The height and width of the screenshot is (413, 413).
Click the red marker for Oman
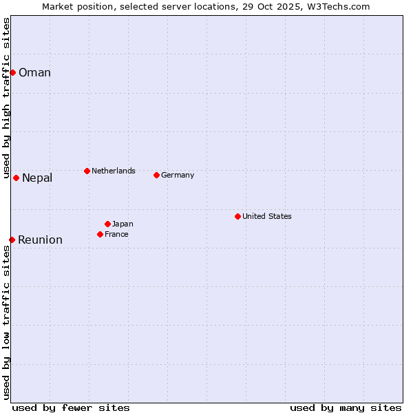[x=12, y=72]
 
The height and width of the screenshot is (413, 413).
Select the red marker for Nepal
[x=16, y=178]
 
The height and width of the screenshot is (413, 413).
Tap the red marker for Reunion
[x=12, y=240]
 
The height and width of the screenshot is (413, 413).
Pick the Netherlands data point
[x=87, y=171]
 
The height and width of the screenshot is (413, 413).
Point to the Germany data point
[x=156, y=175]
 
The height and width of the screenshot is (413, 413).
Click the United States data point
[x=237, y=216]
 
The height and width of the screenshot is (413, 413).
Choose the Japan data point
[x=107, y=224]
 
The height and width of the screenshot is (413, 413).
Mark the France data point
[x=100, y=234]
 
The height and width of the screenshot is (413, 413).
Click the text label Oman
[x=34, y=73]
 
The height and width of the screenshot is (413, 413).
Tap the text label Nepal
[x=37, y=178]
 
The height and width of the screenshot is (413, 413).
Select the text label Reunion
[x=40, y=240]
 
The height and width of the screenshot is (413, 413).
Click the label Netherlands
[x=114, y=171]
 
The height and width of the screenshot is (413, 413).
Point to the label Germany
[x=178, y=175]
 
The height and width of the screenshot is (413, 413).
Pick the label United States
[x=267, y=216]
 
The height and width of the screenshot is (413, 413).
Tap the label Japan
[x=123, y=224]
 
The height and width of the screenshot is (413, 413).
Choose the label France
[x=116, y=234]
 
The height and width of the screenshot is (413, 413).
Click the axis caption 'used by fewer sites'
[x=71, y=407]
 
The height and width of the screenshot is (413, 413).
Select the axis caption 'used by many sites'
[x=346, y=407]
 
